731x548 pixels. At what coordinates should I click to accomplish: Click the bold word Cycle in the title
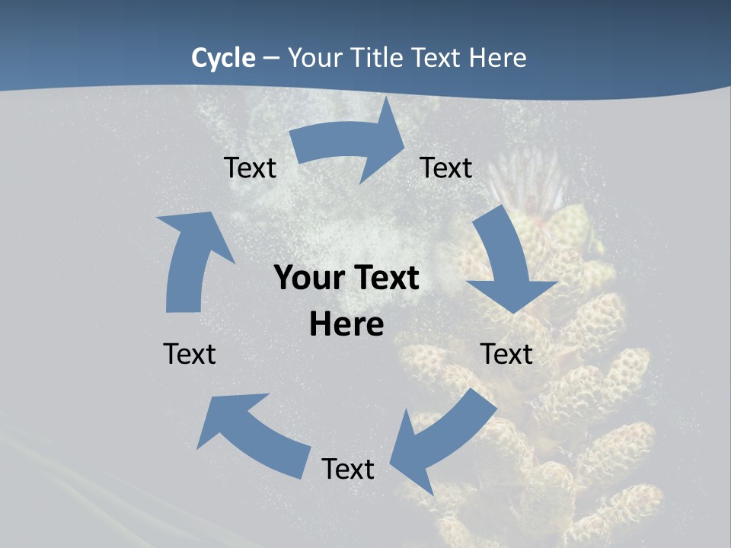(x=223, y=58)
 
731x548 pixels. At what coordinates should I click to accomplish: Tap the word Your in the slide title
(x=314, y=58)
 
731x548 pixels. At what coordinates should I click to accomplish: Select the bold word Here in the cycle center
(x=346, y=325)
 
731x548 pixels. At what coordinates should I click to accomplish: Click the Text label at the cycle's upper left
(x=250, y=168)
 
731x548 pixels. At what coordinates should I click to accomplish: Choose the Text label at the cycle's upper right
(x=446, y=168)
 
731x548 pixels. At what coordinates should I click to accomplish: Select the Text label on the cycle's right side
(x=506, y=354)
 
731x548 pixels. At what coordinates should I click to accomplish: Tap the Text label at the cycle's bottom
(x=348, y=469)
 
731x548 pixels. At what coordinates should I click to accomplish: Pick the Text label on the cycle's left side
(x=190, y=354)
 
